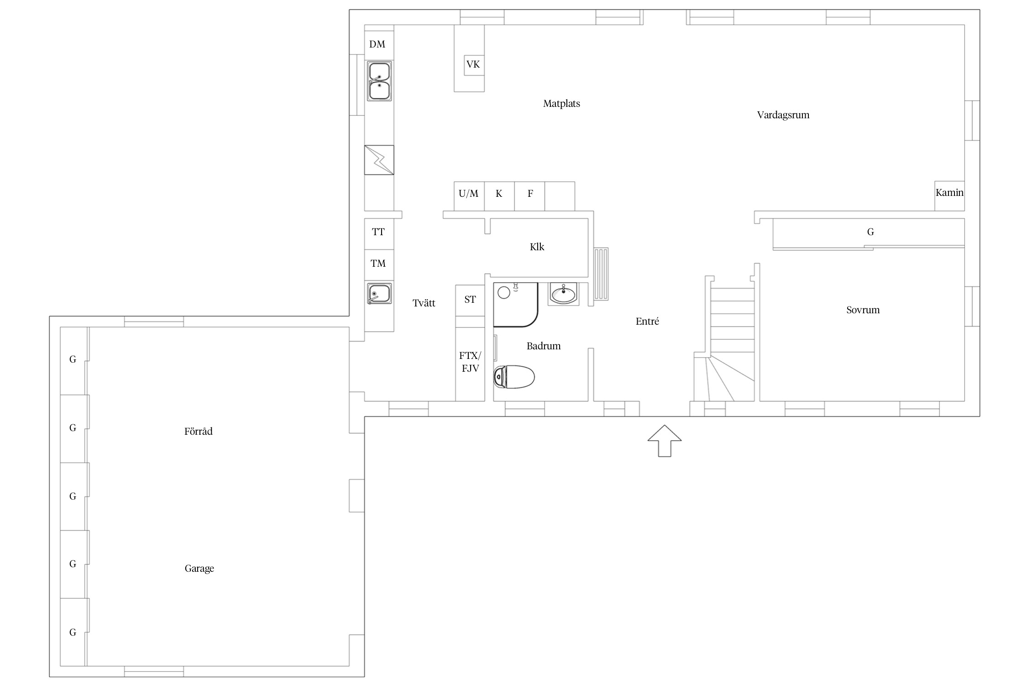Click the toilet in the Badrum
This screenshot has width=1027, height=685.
point(514,377)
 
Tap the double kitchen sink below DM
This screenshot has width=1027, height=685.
point(379,81)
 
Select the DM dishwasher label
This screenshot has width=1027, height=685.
point(377,44)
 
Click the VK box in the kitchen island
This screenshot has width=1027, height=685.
point(473,64)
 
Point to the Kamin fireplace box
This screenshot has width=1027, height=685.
point(949,196)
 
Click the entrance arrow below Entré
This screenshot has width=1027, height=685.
point(665,441)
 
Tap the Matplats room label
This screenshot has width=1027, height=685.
point(561,104)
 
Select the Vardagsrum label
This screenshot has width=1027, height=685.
point(783,115)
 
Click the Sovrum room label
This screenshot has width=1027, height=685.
point(863,310)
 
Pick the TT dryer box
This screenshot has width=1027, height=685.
point(379,234)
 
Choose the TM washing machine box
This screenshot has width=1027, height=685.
point(379,265)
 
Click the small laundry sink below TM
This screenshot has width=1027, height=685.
point(379,294)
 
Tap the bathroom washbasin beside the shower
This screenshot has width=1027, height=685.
point(564,294)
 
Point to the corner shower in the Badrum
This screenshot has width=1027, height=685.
point(516,305)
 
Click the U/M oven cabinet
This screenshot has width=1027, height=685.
point(469,196)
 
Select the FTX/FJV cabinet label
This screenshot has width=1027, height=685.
point(470,362)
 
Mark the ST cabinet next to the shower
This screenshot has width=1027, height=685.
point(470,300)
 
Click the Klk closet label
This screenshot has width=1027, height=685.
point(537,247)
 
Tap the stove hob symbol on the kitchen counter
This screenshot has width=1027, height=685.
point(379,160)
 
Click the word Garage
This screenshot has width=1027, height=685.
point(199,569)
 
